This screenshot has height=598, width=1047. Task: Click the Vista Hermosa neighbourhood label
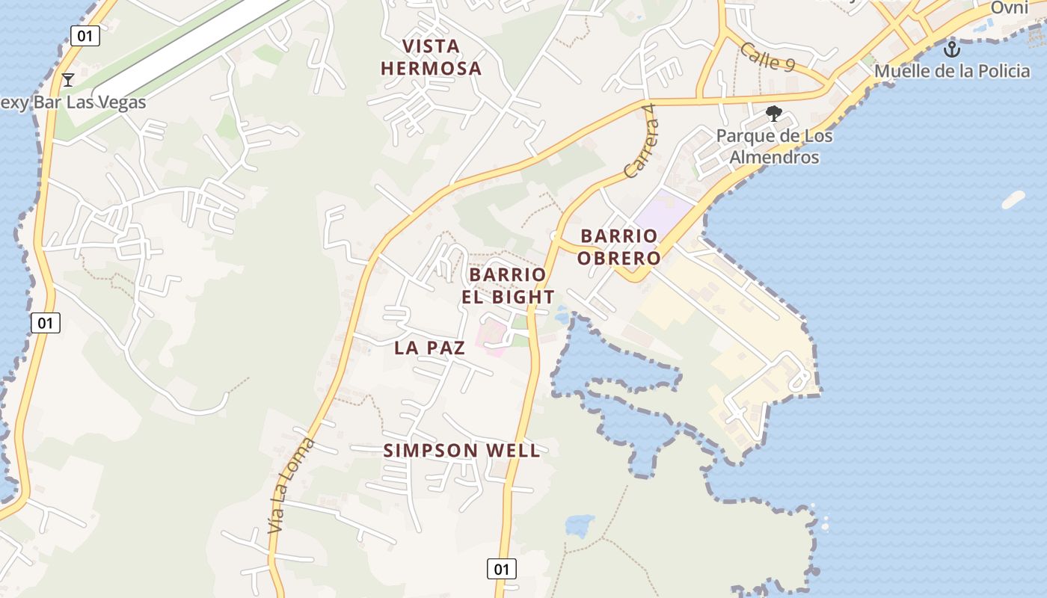[x=431, y=58]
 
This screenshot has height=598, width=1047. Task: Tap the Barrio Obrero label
[x=620, y=247]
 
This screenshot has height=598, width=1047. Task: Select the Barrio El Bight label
[x=512, y=286]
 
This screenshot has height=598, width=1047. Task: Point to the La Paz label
[x=429, y=348]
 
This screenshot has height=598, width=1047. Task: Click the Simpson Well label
[x=461, y=451]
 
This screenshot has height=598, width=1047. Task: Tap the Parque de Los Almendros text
[x=774, y=147]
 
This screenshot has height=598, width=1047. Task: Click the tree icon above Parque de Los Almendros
[x=774, y=114]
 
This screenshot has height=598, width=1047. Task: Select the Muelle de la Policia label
[x=951, y=71]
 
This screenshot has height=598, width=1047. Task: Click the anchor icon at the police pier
[x=951, y=50]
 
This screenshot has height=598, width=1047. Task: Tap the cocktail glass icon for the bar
[x=68, y=79]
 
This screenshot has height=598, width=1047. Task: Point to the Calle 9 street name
[x=767, y=57]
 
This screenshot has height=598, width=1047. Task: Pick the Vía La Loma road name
[x=292, y=486]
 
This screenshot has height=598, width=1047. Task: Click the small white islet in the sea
[x=1013, y=200]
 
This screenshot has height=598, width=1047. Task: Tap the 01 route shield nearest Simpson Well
[x=501, y=569]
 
